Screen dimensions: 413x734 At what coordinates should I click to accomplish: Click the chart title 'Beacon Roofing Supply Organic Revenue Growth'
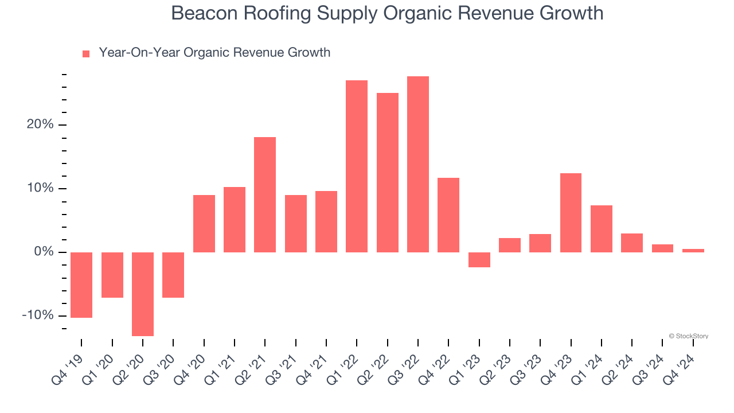(387, 13)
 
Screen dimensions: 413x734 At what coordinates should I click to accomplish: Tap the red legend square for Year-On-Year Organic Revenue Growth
(86, 53)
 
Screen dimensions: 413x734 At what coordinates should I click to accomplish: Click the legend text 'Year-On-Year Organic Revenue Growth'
(214, 53)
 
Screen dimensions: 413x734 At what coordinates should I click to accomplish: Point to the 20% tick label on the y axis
(40, 125)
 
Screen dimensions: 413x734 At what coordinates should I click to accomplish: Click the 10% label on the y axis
(40, 189)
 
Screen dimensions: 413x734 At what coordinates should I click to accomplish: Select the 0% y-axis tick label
(43, 252)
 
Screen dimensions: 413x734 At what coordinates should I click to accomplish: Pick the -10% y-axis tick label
(37, 316)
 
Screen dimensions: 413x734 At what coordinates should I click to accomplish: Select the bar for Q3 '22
(418, 164)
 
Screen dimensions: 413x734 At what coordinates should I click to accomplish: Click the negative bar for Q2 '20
(143, 294)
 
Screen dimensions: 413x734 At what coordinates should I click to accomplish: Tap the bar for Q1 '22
(357, 166)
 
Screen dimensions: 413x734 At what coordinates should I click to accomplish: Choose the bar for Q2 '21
(265, 194)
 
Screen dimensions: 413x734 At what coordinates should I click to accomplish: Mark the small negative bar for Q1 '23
(479, 260)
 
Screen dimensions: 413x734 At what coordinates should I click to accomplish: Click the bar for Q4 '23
(571, 213)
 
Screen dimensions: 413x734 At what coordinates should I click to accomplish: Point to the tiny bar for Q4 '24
(693, 251)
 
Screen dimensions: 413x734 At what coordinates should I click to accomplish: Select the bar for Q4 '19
(81, 285)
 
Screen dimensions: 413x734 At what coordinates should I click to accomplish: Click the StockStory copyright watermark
(688, 336)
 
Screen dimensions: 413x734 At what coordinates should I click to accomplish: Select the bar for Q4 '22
(448, 215)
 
